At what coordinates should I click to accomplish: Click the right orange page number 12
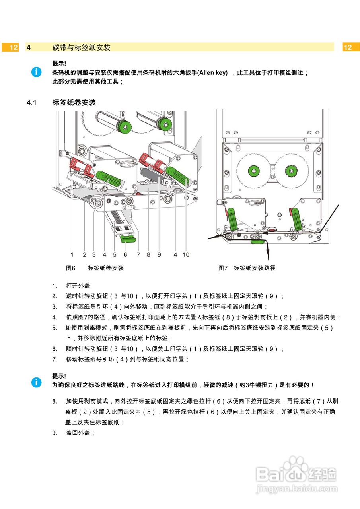[348, 47]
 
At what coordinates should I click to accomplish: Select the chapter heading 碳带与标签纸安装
[82, 47]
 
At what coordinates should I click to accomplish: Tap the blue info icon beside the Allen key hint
[36, 72]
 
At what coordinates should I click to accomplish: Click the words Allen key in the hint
[213, 72]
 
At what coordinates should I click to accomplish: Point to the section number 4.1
[31, 103]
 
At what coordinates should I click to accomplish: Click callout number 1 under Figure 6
[72, 254]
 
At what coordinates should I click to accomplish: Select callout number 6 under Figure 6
[125, 254]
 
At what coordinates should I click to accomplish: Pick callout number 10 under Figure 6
[186, 254]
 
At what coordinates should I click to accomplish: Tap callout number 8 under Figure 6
[148, 254]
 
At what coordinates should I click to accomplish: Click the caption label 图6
[71, 268]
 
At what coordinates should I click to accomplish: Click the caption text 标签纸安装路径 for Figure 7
[255, 268]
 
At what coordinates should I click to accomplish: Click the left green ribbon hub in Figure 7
[253, 171]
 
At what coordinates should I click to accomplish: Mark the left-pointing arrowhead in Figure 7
[211, 238]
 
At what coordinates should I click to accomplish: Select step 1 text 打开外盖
[78, 286]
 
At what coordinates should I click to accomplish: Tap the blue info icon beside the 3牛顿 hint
[36, 382]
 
